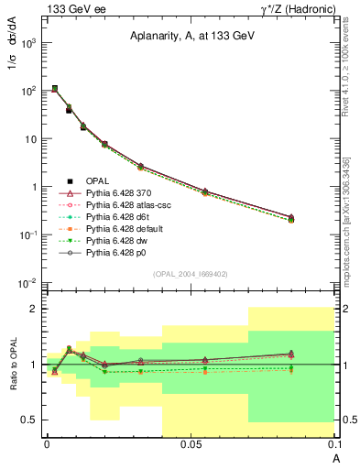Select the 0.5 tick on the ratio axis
[x=29, y=420]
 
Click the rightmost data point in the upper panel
[x=291, y=218]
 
